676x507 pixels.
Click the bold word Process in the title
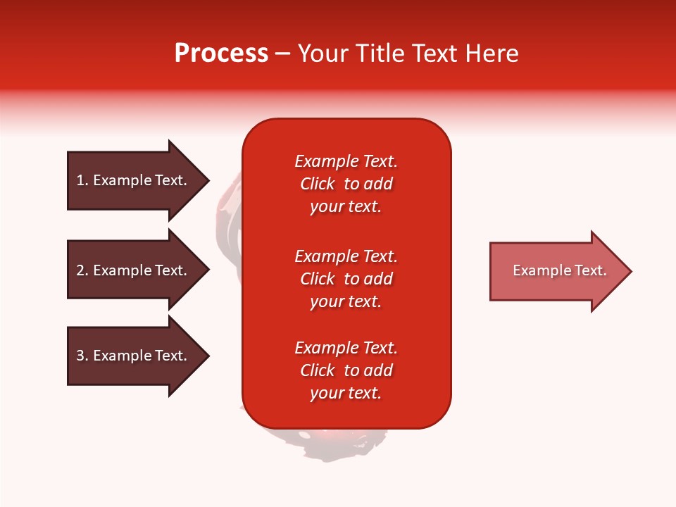[x=221, y=54]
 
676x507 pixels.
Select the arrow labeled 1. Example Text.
[x=134, y=180]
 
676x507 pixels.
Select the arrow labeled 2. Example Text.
[x=134, y=270]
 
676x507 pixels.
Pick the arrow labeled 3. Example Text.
[x=134, y=356]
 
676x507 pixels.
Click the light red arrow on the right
[x=556, y=271]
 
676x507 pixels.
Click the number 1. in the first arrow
[x=82, y=180]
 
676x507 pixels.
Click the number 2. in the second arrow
[x=82, y=270]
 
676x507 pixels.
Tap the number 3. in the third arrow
[x=82, y=356]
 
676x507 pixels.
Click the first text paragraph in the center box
[x=346, y=184]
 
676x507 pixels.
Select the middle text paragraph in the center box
[x=346, y=279]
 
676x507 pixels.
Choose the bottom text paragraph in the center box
[x=346, y=370]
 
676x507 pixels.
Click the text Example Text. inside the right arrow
[x=559, y=270]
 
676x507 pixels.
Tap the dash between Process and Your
[x=282, y=54]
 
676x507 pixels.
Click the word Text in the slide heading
[x=433, y=54]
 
